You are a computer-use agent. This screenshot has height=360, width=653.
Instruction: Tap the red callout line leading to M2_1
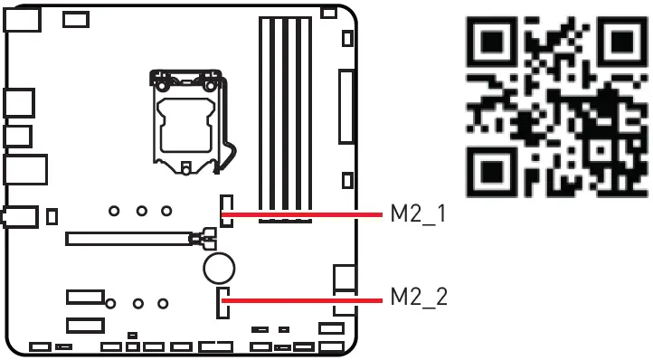coord(303,214)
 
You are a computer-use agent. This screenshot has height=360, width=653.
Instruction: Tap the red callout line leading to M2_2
coord(303,297)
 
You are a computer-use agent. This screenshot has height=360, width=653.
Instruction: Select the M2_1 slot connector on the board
coord(225,211)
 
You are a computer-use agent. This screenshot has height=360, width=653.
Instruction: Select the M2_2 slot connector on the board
coord(222,303)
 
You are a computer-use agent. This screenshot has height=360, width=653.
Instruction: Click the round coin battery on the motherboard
coord(219,268)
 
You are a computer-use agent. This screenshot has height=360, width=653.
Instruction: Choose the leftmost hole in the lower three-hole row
coord(110,303)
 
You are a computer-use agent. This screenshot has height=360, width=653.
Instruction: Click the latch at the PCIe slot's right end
coord(203,240)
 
